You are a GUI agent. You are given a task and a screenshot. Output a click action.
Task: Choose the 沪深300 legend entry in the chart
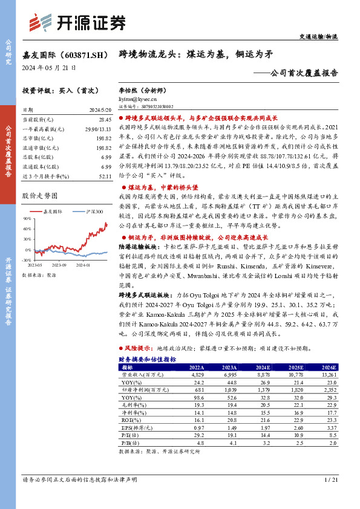[90, 212]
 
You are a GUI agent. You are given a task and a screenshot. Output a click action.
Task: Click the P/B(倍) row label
[129, 443]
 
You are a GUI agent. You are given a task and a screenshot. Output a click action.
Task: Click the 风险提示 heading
[139, 349]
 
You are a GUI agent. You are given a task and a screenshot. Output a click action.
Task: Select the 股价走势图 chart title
[39, 196]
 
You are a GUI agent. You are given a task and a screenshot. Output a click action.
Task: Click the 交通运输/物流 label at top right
[319, 37]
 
